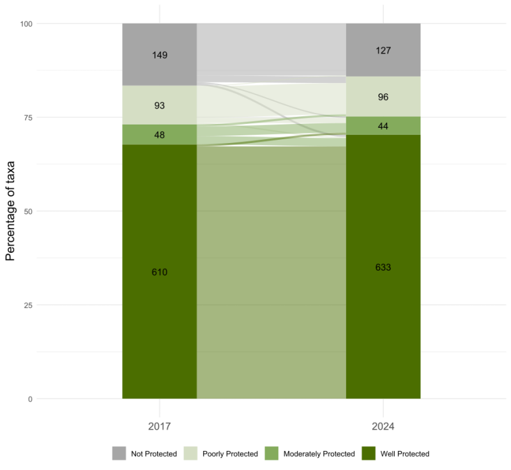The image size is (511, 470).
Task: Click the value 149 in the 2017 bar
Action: point(160,55)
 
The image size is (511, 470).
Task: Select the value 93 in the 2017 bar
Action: point(160,105)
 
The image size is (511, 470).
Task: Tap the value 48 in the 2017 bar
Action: point(160,135)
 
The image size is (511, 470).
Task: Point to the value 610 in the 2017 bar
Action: point(160,272)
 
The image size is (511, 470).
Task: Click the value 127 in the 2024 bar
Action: point(383,50)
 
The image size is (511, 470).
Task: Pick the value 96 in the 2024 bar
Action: point(383,97)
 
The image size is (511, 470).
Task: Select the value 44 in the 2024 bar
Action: point(383,126)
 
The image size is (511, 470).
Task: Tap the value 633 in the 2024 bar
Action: point(383,267)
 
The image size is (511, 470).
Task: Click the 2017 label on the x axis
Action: point(160,426)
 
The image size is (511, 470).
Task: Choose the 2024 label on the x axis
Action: point(383,426)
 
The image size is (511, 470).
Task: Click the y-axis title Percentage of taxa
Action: point(11,211)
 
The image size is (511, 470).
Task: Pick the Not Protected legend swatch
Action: point(119,453)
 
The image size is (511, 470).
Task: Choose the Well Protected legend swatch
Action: point(370,453)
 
